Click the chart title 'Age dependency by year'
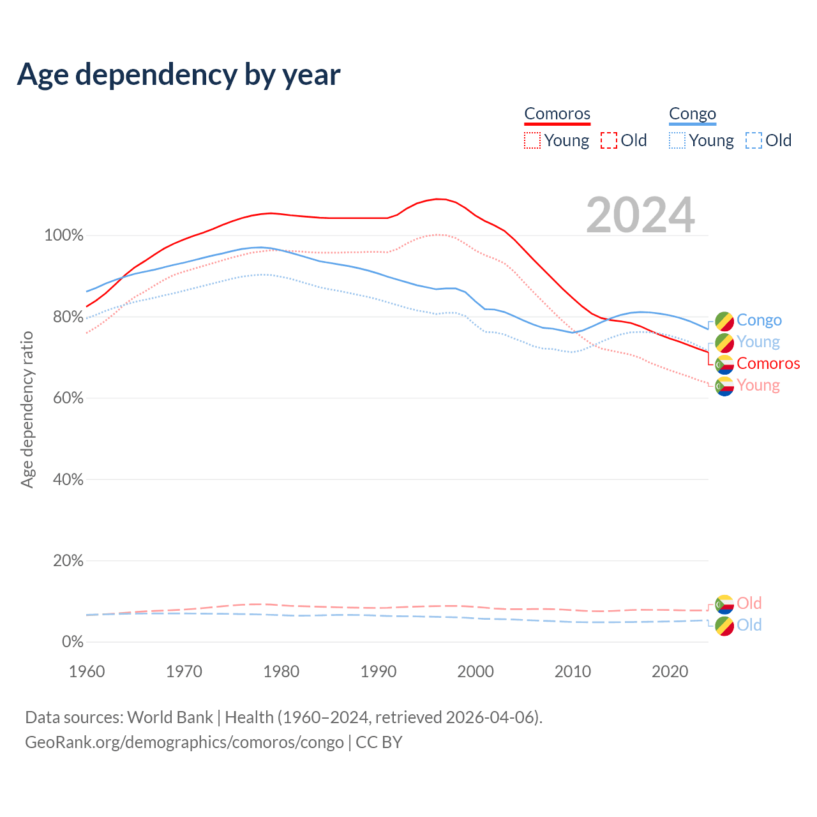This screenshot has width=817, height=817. click(x=179, y=75)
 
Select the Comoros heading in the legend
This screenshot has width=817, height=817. click(x=557, y=114)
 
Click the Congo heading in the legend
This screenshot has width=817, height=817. click(x=693, y=114)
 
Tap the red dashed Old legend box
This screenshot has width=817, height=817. click(x=609, y=140)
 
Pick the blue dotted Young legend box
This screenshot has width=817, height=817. click(x=677, y=140)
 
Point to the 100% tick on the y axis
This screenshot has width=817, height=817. click(x=64, y=236)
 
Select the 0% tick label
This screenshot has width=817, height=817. click(x=73, y=642)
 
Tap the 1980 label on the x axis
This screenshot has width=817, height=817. click(x=281, y=671)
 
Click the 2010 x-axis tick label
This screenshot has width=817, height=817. click(x=573, y=671)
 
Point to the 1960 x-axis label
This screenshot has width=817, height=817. click(x=87, y=671)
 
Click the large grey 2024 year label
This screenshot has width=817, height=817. click(x=640, y=215)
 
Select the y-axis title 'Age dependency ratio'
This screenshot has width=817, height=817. click(x=27, y=409)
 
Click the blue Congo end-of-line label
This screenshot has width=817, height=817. click(x=759, y=320)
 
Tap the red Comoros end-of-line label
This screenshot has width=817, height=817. click(x=768, y=363)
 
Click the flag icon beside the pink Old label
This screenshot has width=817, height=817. click(x=724, y=604)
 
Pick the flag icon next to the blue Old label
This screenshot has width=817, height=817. click(x=724, y=626)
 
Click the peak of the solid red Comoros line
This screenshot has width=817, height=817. click(x=438, y=199)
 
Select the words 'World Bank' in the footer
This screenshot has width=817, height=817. click(x=170, y=717)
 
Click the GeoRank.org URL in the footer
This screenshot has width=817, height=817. click(x=184, y=742)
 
